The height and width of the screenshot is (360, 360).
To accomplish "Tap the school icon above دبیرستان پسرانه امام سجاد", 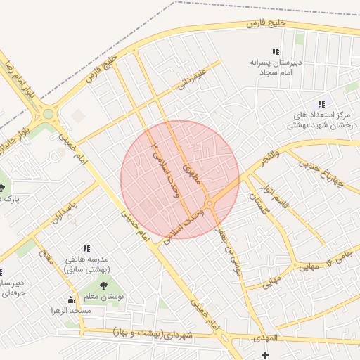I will (x=276, y=51).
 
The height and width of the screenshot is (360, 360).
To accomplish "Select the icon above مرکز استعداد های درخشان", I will (x=322, y=103).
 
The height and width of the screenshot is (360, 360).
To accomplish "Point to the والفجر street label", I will (x=268, y=155).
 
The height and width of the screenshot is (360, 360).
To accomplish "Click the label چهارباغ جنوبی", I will (x=320, y=173).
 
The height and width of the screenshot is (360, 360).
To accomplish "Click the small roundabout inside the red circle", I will (x=210, y=203).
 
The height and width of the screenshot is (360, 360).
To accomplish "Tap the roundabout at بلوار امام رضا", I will (x=48, y=112).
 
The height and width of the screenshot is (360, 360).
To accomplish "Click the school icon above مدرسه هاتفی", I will (x=86, y=248).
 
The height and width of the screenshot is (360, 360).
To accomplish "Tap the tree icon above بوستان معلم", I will (x=104, y=285).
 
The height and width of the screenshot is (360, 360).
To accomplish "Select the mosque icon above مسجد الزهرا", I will (x=69, y=300).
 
